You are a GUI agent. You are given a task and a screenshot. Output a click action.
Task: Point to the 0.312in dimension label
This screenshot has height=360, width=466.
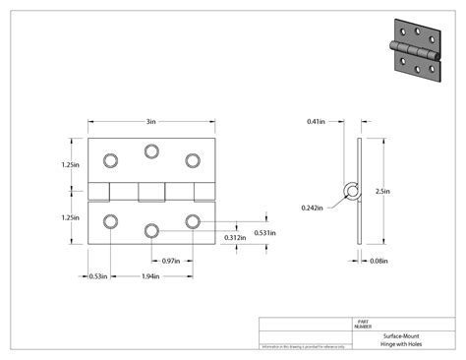235,237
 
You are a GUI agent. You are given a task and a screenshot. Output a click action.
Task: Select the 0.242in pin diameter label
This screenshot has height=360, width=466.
314,208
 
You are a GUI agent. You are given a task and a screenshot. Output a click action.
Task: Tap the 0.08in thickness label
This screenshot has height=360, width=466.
378,261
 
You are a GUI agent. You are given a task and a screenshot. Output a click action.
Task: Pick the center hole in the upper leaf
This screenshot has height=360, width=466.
151,150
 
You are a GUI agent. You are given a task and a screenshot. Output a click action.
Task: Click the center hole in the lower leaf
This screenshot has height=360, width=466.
151,229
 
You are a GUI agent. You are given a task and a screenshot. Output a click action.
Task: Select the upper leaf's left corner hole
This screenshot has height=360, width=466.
110,158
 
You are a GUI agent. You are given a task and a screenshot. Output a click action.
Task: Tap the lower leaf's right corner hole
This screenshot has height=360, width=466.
193,220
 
